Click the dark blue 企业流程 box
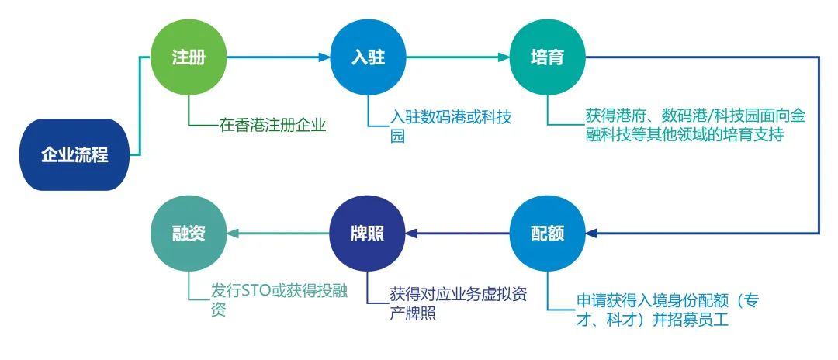[74, 155]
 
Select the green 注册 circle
[189, 57]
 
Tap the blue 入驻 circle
[368, 57]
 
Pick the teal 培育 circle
[547, 57]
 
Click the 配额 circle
[547, 233]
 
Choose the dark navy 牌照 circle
[368, 233]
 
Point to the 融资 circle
[189, 233]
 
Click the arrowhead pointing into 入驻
[325, 57]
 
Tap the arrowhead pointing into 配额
[590, 233]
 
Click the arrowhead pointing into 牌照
[411, 233]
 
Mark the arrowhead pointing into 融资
[232, 233]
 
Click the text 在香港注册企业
[272, 125]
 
